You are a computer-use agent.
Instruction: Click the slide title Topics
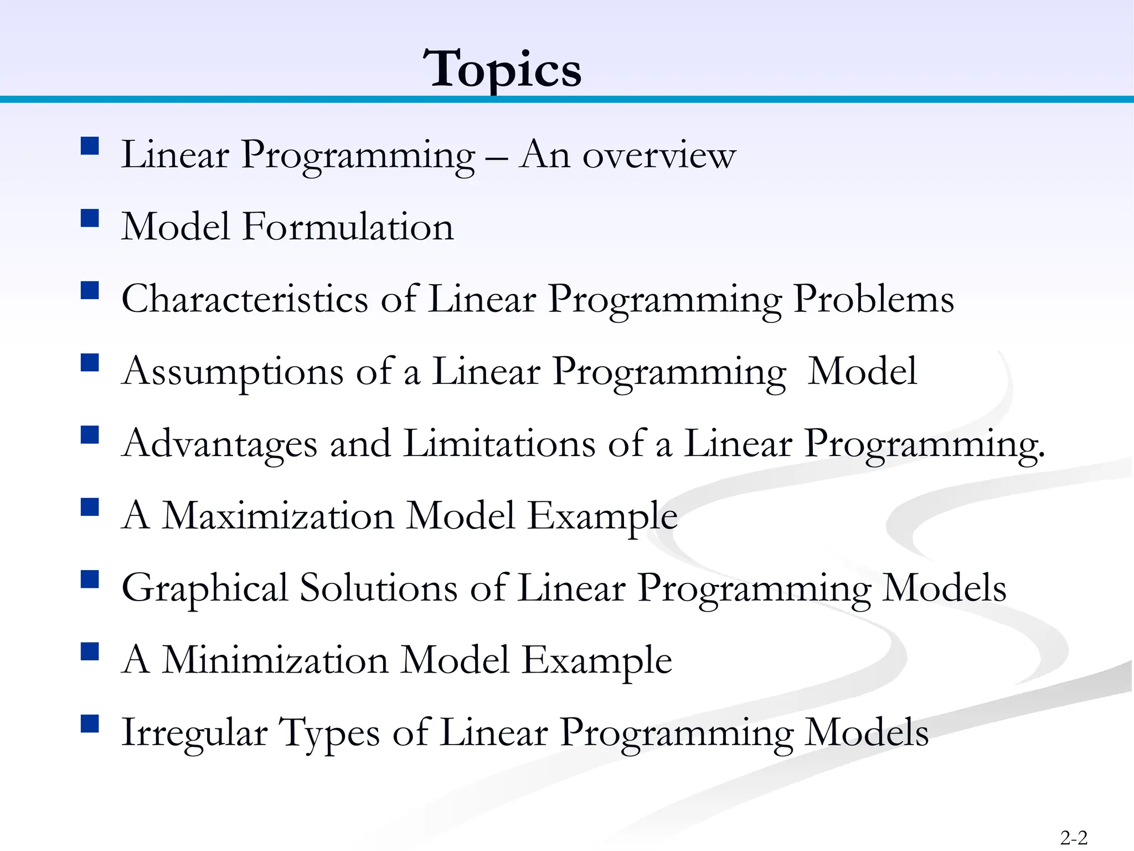pyautogui.click(x=502, y=69)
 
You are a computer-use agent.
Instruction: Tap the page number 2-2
pyautogui.click(x=1074, y=837)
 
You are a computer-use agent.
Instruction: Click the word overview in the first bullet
pyautogui.click(x=659, y=155)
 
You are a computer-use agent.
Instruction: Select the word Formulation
pyautogui.click(x=348, y=227)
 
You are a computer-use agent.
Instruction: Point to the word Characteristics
pyautogui.click(x=245, y=299)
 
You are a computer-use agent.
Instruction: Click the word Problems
pyautogui.click(x=873, y=299)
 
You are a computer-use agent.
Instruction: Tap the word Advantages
pyautogui.click(x=220, y=444)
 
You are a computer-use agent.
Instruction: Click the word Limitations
pyautogui.click(x=499, y=444)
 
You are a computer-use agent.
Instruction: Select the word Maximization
pyautogui.click(x=278, y=516)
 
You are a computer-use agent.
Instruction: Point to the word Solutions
pyautogui.click(x=378, y=588)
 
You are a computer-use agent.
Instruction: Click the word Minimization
pyautogui.click(x=275, y=660)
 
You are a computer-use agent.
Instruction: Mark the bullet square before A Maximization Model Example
pyautogui.click(x=90, y=507)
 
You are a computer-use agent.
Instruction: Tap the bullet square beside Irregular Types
pyautogui.click(x=90, y=724)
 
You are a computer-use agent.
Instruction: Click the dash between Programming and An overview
pyautogui.click(x=497, y=157)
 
